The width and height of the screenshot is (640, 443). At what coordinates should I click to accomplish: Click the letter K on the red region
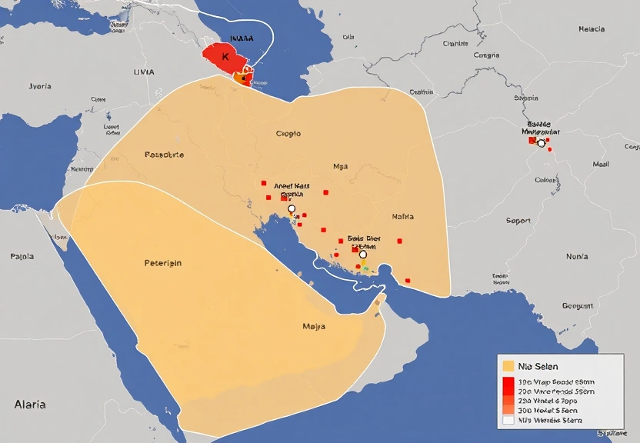coord(225,57)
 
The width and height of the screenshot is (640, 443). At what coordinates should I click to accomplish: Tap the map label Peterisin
coord(163,263)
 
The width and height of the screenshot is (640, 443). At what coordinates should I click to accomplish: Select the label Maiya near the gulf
coord(314,326)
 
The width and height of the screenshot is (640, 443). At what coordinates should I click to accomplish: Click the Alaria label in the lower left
coord(30,404)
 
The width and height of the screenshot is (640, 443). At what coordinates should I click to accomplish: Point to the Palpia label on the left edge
coord(22,256)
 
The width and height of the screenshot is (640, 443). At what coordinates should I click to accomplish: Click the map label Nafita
coord(402,217)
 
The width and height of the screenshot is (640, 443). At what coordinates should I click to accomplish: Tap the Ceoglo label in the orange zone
coord(288,134)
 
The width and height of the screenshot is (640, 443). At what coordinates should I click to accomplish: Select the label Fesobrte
coord(164,155)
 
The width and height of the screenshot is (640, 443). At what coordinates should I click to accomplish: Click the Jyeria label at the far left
coord(40,86)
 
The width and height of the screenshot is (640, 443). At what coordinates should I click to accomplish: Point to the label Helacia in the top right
coord(592,29)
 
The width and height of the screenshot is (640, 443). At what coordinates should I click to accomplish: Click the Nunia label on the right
coord(577,256)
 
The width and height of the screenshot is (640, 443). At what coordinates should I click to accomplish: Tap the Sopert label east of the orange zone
coord(518,221)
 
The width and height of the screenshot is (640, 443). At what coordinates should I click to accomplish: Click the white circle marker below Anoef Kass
coord(291,209)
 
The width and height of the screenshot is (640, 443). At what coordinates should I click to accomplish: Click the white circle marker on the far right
coord(541,143)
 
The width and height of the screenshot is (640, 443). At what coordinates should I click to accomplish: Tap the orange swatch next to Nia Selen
coord(508,366)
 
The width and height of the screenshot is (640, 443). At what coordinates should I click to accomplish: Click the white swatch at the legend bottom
coord(508,420)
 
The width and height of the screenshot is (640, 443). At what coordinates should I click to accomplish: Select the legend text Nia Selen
coord(538,366)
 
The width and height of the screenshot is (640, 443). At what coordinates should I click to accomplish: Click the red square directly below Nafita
coord(400,241)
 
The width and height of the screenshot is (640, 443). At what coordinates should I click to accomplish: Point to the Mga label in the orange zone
coord(340,166)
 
